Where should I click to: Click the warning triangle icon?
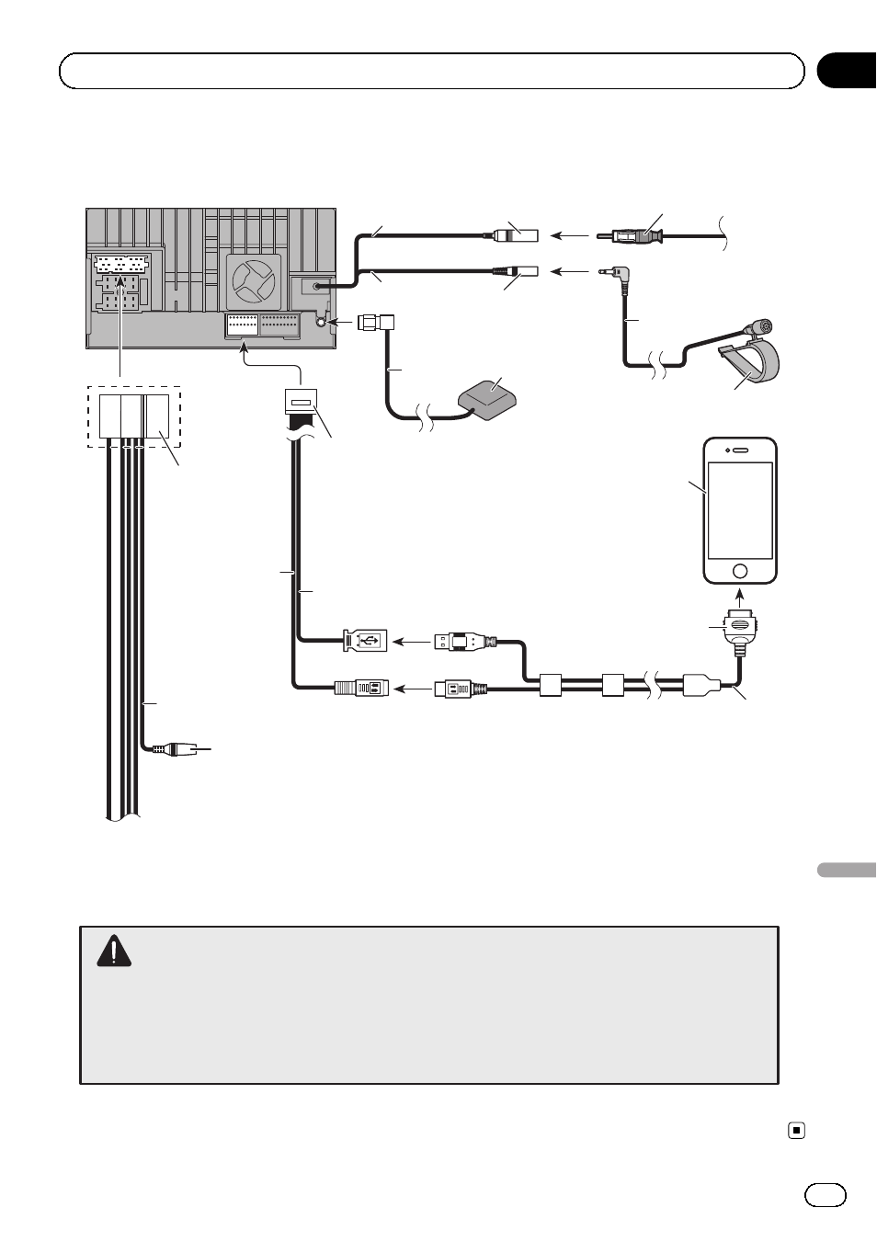pyautogui.click(x=114, y=951)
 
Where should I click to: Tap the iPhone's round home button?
pyautogui.click(x=740, y=570)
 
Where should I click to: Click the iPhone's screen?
pyautogui.click(x=740, y=509)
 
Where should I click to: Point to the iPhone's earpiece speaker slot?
pyautogui.click(x=740, y=450)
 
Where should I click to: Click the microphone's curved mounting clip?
pyautogui.click(x=749, y=361)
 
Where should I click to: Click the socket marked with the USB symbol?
pyautogui.click(x=366, y=640)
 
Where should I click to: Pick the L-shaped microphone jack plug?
pyautogui.click(x=612, y=273)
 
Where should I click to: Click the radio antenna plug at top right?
pyautogui.click(x=634, y=237)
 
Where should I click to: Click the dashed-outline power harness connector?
pyautogui.click(x=134, y=416)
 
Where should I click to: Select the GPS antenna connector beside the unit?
pyautogui.click(x=376, y=323)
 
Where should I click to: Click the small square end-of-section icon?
pyautogui.click(x=797, y=1131)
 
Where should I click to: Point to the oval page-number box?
pyautogui.click(x=826, y=1194)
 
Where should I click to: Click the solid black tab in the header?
pyautogui.click(x=847, y=71)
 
